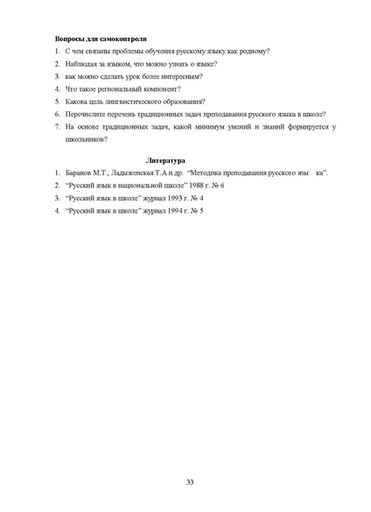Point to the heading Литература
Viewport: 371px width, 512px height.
click(166, 162)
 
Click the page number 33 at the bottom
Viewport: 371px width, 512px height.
click(190, 482)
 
